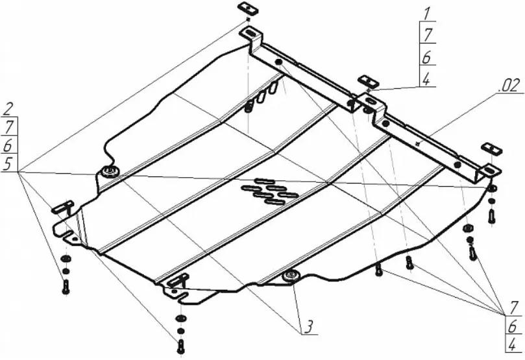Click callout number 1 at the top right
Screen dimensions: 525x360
[427, 14]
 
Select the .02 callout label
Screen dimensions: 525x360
[509, 86]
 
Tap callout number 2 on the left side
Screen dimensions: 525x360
[9, 109]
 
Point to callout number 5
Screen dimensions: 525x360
[8, 164]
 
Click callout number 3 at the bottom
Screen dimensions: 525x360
[308, 327]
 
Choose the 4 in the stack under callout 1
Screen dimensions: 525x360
[426, 80]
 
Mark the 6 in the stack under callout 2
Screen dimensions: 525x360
[8, 145]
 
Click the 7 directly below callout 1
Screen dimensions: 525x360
[428, 35]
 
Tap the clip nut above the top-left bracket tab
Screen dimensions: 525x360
[248, 8]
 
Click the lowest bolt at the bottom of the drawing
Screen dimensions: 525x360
[181, 346]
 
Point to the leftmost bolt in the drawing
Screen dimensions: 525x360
[66, 287]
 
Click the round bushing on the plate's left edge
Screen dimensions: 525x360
[109, 172]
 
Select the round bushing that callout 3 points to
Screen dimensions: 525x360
[290, 276]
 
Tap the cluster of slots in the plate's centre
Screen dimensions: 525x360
[270, 191]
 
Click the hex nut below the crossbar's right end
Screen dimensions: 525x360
[469, 228]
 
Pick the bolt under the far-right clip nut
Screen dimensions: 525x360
[491, 216]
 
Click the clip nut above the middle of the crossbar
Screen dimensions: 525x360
[368, 81]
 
